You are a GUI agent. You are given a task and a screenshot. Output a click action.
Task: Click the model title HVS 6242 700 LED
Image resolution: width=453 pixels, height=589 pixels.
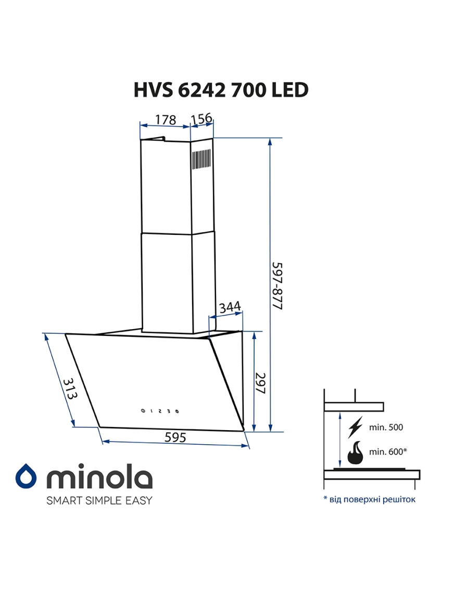(x=221, y=90)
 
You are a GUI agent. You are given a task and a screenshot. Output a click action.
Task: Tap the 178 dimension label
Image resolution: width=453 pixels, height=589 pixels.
(x=165, y=119)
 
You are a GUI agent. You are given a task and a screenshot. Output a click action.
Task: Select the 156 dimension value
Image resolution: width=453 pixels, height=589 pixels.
(x=202, y=118)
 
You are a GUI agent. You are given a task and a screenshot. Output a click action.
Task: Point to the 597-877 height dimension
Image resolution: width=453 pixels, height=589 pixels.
(x=277, y=286)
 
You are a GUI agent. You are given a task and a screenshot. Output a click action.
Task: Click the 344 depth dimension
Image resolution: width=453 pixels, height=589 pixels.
(x=230, y=307)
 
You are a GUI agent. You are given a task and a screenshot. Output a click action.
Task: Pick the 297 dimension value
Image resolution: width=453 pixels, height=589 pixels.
(x=260, y=383)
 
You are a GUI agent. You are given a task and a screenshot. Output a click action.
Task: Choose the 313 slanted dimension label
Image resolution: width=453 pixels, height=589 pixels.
(x=70, y=389)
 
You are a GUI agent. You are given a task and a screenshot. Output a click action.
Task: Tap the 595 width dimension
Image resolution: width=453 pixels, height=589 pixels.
(x=175, y=437)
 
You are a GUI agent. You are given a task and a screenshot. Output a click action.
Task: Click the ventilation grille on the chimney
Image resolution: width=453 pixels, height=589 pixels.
(x=202, y=159)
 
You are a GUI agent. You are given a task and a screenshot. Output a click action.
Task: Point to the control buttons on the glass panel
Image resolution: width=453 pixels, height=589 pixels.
(x=160, y=411)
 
